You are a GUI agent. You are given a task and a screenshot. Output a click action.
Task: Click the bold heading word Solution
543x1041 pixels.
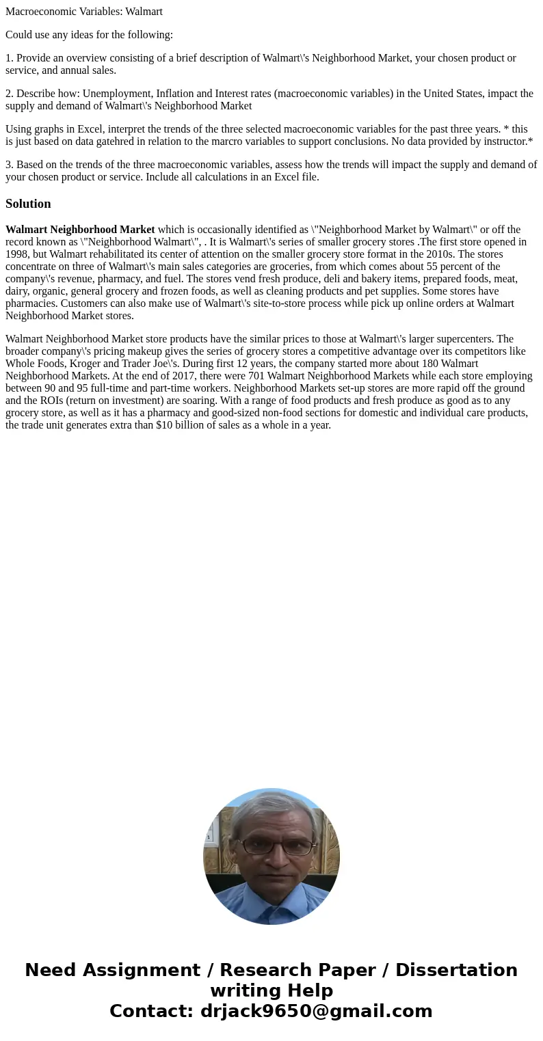[28, 204]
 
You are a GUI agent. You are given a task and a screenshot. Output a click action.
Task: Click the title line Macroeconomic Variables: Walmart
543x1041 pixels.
[84, 12]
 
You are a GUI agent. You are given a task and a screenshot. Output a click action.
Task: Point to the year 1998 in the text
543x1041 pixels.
[17, 254]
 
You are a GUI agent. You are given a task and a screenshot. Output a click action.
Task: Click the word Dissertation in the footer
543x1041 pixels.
[456, 970]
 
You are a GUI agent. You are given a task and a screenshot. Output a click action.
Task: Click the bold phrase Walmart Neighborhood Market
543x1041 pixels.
[80, 230]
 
